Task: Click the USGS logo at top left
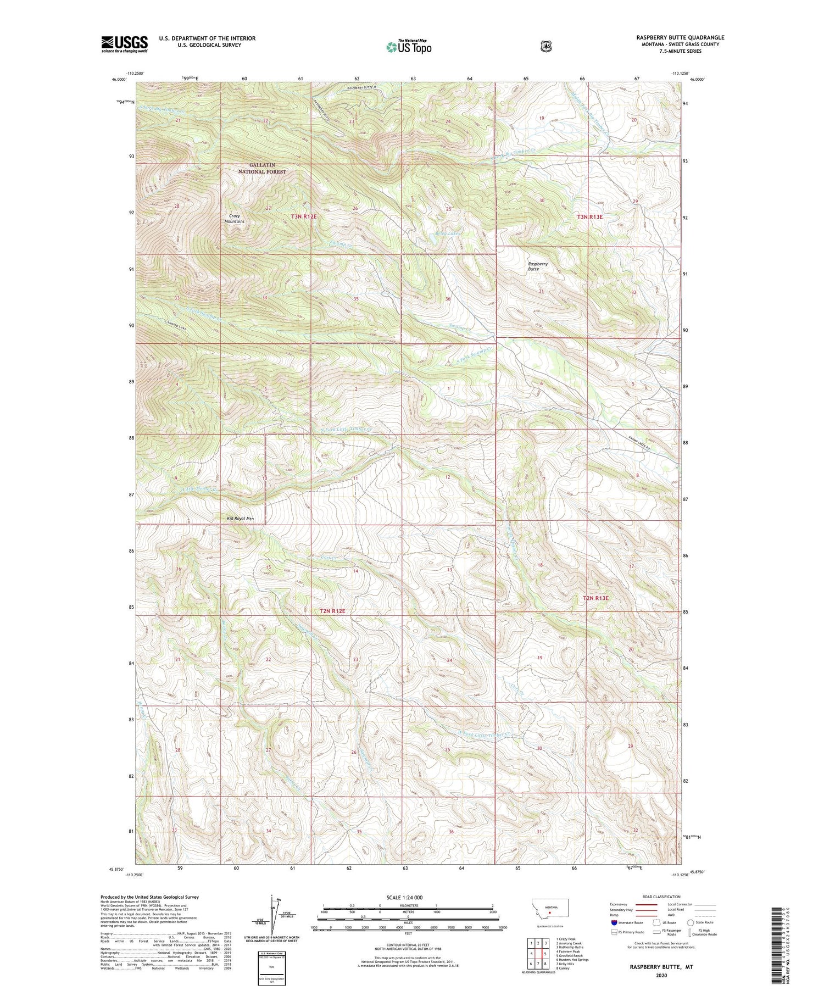coord(124,44)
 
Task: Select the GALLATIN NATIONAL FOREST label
coord(261,168)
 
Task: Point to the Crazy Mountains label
coord(235,219)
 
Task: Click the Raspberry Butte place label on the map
coord(537,266)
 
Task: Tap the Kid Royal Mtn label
coord(240,518)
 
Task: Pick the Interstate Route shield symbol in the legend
coord(614,923)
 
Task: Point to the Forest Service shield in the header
coord(545,47)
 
